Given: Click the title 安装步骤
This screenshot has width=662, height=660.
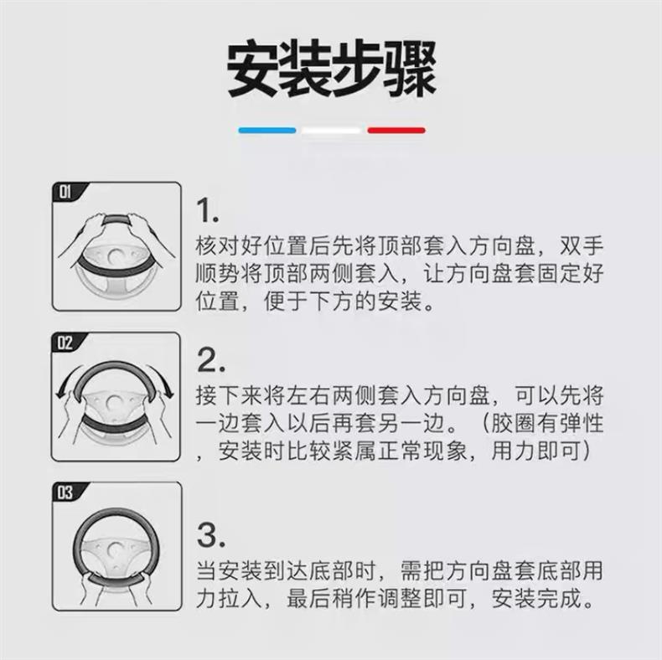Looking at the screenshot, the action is [332, 69].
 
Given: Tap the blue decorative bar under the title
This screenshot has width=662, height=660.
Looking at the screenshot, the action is [267, 131].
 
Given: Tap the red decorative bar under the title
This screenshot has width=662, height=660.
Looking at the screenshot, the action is [396, 131].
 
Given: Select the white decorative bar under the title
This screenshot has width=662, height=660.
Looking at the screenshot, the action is [332, 131].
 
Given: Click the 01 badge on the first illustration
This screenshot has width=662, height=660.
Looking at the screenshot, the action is [65, 192].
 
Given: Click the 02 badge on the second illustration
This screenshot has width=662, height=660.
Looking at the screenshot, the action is [65, 343].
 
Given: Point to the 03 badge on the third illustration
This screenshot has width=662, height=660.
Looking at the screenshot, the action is [65, 492].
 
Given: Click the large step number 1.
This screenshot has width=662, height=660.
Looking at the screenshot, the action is [208, 210].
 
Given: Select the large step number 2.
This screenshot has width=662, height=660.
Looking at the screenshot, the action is [210, 360].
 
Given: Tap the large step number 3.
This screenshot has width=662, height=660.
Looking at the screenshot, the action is [210, 535].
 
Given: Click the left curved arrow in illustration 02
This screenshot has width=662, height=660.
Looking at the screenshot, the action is [68, 379].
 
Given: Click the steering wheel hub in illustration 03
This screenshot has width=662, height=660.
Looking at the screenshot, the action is [115, 549].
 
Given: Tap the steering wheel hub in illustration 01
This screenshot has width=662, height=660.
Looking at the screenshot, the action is [115, 256].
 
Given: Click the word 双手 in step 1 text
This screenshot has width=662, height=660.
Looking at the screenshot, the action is [582, 246].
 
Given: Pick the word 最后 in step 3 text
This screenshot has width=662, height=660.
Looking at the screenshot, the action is [308, 598].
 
